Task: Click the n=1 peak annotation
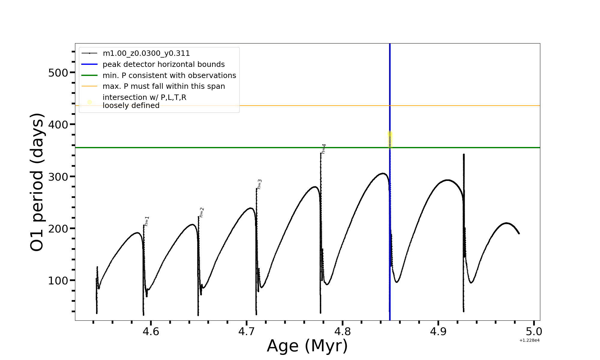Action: (x=147, y=221)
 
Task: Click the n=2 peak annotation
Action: (x=202, y=212)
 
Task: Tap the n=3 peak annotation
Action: (x=259, y=184)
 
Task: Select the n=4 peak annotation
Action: (x=324, y=149)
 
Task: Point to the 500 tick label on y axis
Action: (x=58, y=73)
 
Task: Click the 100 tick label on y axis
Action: (x=58, y=281)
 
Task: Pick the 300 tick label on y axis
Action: (x=58, y=177)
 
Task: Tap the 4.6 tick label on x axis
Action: (x=151, y=331)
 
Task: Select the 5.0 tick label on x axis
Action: (x=534, y=331)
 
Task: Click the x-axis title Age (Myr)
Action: (x=307, y=346)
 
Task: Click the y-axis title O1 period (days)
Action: (x=37, y=182)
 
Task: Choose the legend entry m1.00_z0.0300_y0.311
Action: (x=146, y=53)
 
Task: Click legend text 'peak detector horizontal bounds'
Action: (x=163, y=64)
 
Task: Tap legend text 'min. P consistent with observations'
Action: (x=169, y=76)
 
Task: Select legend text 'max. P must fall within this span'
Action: (x=163, y=86)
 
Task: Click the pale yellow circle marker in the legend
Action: (x=89, y=102)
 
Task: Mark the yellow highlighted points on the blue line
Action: (x=390, y=139)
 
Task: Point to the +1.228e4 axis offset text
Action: (x=529, y=340)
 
